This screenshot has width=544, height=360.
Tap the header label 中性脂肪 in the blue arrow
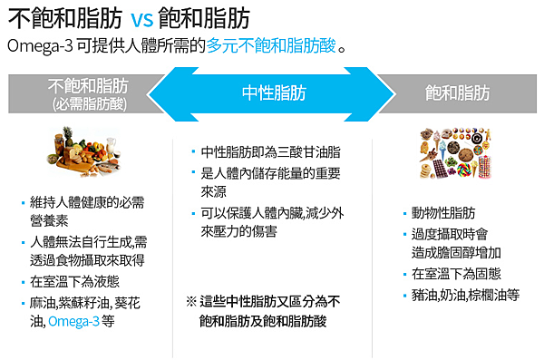(x=274, y=93)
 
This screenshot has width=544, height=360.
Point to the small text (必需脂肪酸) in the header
(x=89, y=104)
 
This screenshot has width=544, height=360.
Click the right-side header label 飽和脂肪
(x=458, y=93)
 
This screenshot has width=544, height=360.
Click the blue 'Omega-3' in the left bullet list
(x=74, y=321)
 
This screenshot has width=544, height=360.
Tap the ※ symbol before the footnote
(x=191, y=301)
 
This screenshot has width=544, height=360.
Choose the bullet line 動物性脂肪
(x=443, y=214)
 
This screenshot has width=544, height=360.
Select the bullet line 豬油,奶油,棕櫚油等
(x=465, y=295)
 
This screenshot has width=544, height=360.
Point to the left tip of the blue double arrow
(x=153, y=93)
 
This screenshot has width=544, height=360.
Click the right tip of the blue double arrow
(x=396, y=93)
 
